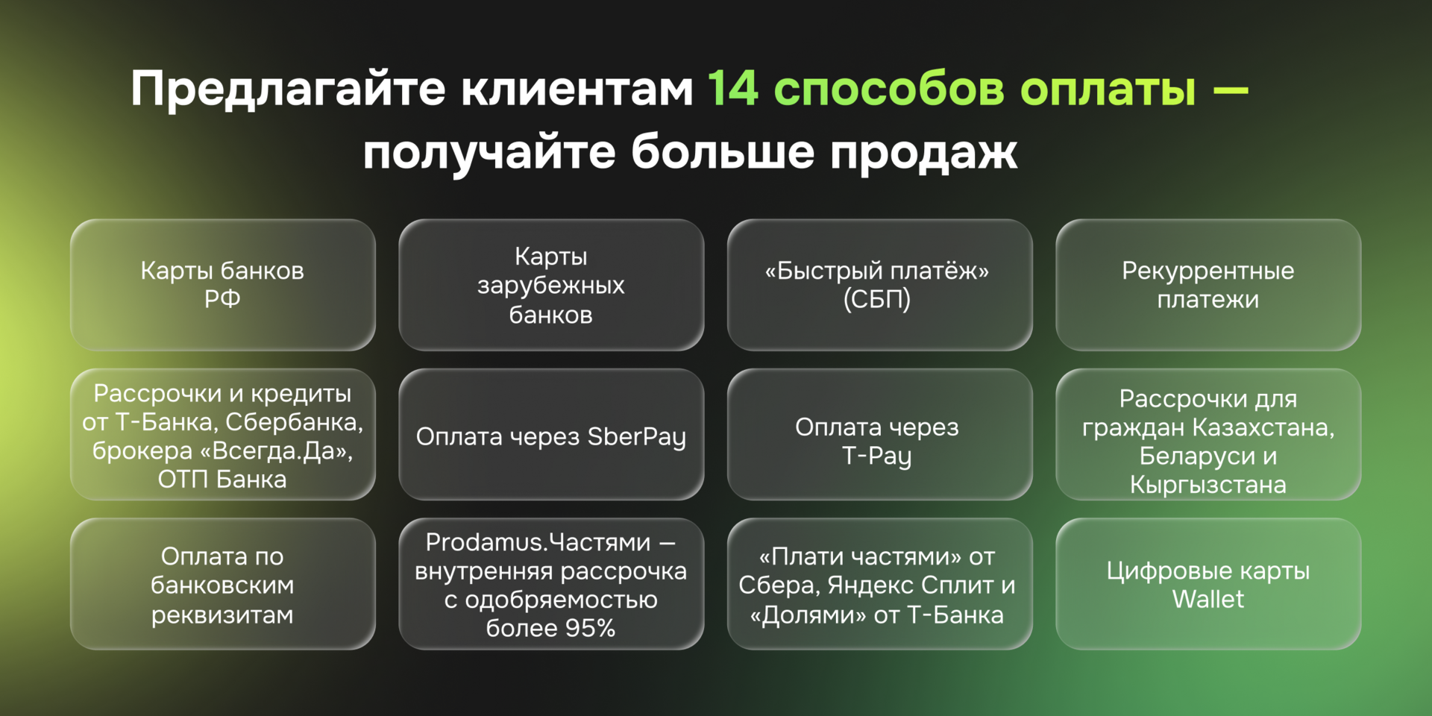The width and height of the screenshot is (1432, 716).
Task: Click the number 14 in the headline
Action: tap(733, 89)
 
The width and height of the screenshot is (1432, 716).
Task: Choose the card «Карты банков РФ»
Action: tap(222, 284)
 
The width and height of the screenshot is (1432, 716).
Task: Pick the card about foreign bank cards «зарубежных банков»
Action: tap(551, 284)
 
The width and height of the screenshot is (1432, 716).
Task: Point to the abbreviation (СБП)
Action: tap(877, 300)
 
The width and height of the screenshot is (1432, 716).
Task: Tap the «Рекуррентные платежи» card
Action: tap(1208, 284)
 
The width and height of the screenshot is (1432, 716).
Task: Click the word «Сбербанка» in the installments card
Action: tap(294, 422)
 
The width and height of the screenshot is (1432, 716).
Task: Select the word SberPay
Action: tap(636, 436)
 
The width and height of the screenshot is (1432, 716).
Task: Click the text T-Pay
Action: tap(877, 456)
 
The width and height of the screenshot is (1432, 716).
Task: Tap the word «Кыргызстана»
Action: tap(1208, 485)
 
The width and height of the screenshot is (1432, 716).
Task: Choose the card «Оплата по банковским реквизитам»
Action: tap(222, 585)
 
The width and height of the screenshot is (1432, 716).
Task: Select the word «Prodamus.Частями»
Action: tap(538, 542)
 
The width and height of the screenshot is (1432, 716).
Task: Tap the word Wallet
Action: tap(1208, 599)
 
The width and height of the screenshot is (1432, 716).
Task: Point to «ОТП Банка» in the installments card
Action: tap(222, 479)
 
